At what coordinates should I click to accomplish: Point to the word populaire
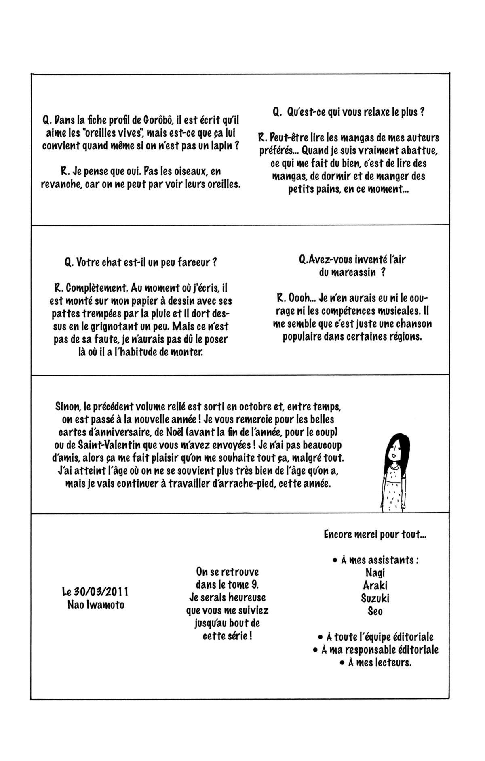tap(304, 336)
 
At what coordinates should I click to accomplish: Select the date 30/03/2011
tap(101, 592)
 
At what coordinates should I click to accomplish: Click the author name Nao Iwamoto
tap(96, 605)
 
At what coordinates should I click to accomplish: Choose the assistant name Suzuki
tap(375, 598)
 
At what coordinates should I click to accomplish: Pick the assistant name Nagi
tap(375, 572)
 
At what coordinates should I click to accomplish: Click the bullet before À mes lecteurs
tap(342, 663)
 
